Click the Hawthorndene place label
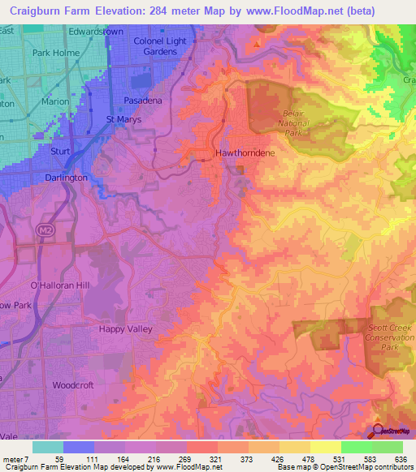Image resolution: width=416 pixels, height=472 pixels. (242, 152)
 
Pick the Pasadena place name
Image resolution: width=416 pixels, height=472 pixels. (143, 100)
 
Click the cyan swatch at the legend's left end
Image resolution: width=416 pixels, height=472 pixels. (47, 447)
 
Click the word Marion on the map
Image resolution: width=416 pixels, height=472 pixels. (55, 102)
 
